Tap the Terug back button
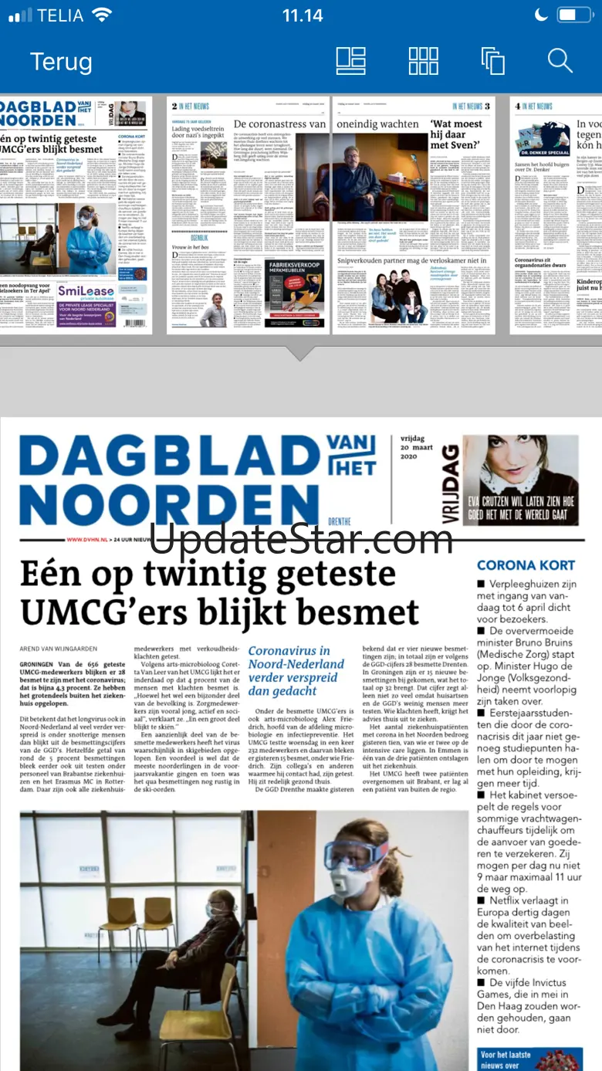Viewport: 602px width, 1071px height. pos(61,61)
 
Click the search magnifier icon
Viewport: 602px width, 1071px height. pos(560,61)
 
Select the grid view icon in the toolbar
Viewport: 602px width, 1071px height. pos(423,61)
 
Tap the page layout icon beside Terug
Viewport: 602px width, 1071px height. pos(351,61)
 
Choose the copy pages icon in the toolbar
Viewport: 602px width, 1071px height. pos(492,61)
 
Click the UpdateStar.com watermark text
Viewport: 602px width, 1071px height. pos(300,539)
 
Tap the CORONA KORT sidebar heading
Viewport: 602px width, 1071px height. pos(526,565)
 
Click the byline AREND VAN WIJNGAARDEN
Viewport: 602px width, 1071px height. pos(68,649)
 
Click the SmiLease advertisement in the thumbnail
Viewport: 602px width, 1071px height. pos(86,303)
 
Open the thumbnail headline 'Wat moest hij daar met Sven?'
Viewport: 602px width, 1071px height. pos(455,134)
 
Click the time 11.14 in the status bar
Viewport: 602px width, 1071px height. pos(302,15)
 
